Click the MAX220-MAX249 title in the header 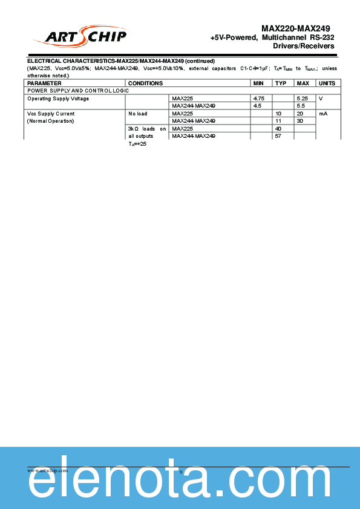coord(296,28)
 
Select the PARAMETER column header coord(44,83)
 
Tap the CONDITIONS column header coord(146,83)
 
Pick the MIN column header coord(258,83)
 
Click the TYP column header coord(281,83)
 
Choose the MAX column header coord(303,83)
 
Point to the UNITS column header coord(327,83)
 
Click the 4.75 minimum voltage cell coord(259,98)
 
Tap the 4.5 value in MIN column coord(258,105)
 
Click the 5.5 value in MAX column coord(301,105)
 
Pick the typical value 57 coord(278,136)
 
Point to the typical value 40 coord(278,129)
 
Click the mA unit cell coord(322,114)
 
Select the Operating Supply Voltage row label coord(58,99)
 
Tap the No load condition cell coord(138,114)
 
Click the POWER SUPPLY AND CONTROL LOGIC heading coord(78,90)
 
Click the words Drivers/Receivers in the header coord(304,46)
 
